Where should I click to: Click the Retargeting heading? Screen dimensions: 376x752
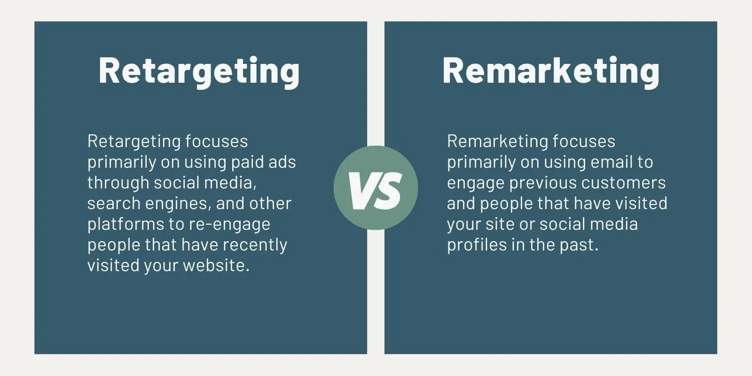[x=199, y=71]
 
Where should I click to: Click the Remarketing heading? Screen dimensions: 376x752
[x=551, y=71]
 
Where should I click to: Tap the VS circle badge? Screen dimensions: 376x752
[x=376, y=188]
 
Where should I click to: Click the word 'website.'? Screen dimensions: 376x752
[x=216, y=266]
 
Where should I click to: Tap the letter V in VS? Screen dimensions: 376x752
[x=360, y=190]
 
